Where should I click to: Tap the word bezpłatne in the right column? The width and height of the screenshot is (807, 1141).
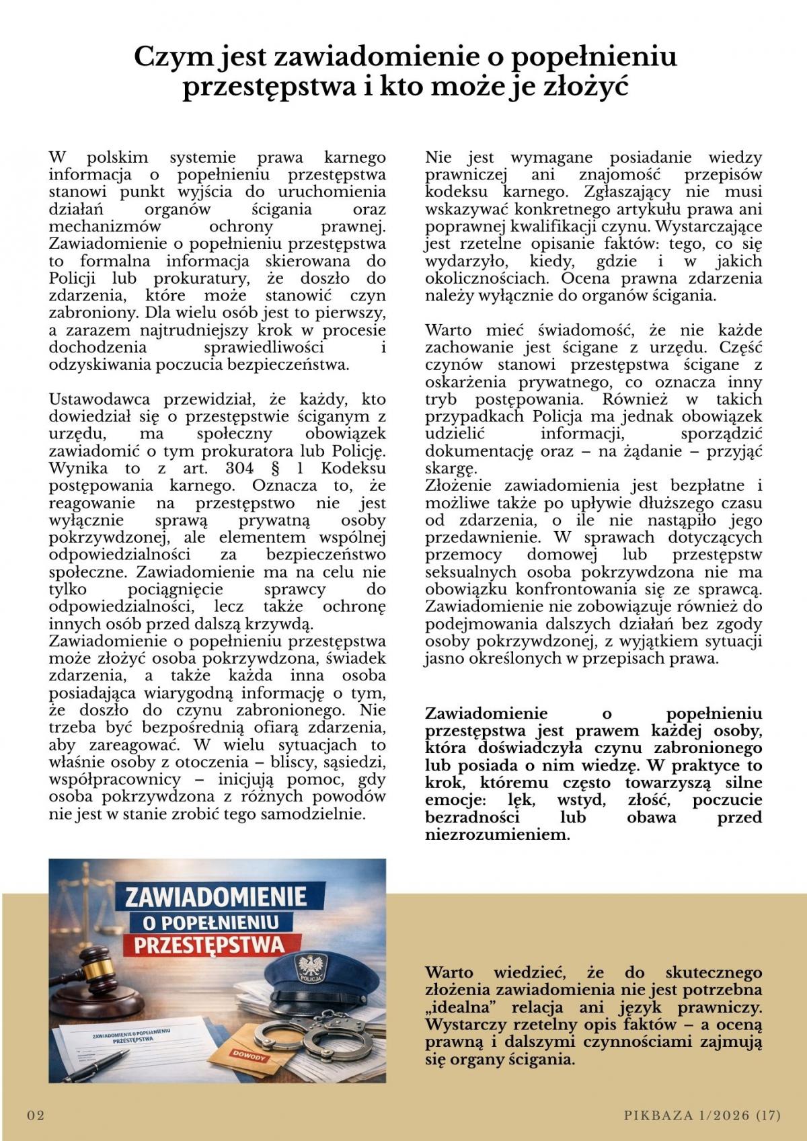pyautogui.click(x=703, y=485)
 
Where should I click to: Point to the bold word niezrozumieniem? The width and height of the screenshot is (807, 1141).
pyautogui.click(x=497, y=836)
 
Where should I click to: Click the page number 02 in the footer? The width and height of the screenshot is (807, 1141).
pyautogui.click(x=36, y=1116)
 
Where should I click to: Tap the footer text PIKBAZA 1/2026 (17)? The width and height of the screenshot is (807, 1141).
pyautogui.click(x=702, y=1116)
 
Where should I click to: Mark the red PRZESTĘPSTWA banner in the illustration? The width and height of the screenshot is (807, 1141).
pyautogui.click(x=208, y=945)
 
